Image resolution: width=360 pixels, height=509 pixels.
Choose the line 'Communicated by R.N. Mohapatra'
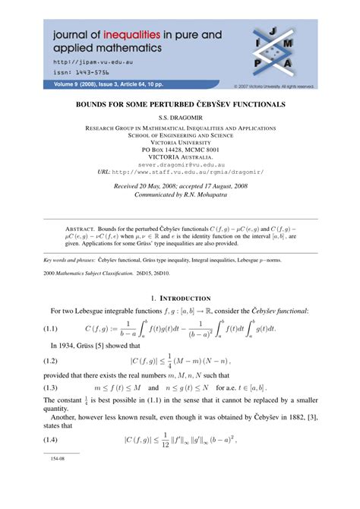[180, 193]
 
